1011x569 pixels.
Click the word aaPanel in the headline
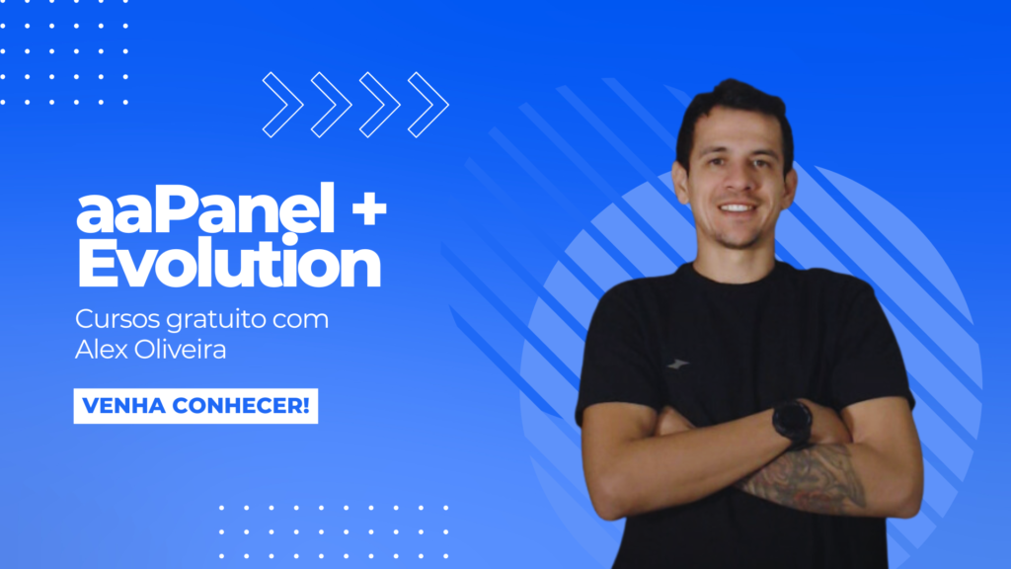pyautogui.click(x=205, y=208)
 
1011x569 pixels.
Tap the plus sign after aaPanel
pyautogui.click(x=369, y=209)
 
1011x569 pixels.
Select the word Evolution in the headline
pyautogui.click(x=229, y=261)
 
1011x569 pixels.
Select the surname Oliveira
pyautogui.click(x=179, y=349)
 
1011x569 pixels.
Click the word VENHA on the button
pyautogui.click(x=123, y=406)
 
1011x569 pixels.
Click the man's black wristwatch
pyautogui.click(x=792, y=423)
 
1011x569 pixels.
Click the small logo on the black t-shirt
pyautogui.click(x=677, y=365)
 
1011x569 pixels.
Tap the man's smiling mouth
pyautogui.click(x=737, y=208)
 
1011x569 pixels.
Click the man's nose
pyautogui.click(x=736, y=182)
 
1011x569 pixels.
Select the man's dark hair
pyautogui.click(x=735, y=113)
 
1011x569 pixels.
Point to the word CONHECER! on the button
pyautogui.click(x=241, y=406)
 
